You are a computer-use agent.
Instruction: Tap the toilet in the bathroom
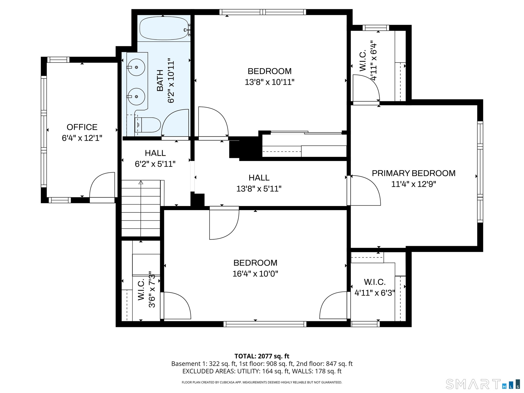[x=148, y=125]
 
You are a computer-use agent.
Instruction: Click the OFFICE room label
[x=82, y=127]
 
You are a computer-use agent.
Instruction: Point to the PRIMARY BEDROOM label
[x=413, y=173]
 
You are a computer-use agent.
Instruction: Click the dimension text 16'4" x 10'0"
[x=255, y=274]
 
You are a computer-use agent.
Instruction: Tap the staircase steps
[x=141, y=208]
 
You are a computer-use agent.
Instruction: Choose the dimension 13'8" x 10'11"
[x=270, y=82]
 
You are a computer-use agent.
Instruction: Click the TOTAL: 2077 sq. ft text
[x=262, y=356]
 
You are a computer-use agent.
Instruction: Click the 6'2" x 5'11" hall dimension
[x=155, y=164]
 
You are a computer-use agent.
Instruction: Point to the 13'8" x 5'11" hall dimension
[x=259, y=189]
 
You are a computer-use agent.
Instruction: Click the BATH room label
[x=160, y=81]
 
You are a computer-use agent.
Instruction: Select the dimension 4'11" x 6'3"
[x=375, y=293]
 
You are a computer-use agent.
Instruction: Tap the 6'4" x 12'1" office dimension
[x=82, y=138]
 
